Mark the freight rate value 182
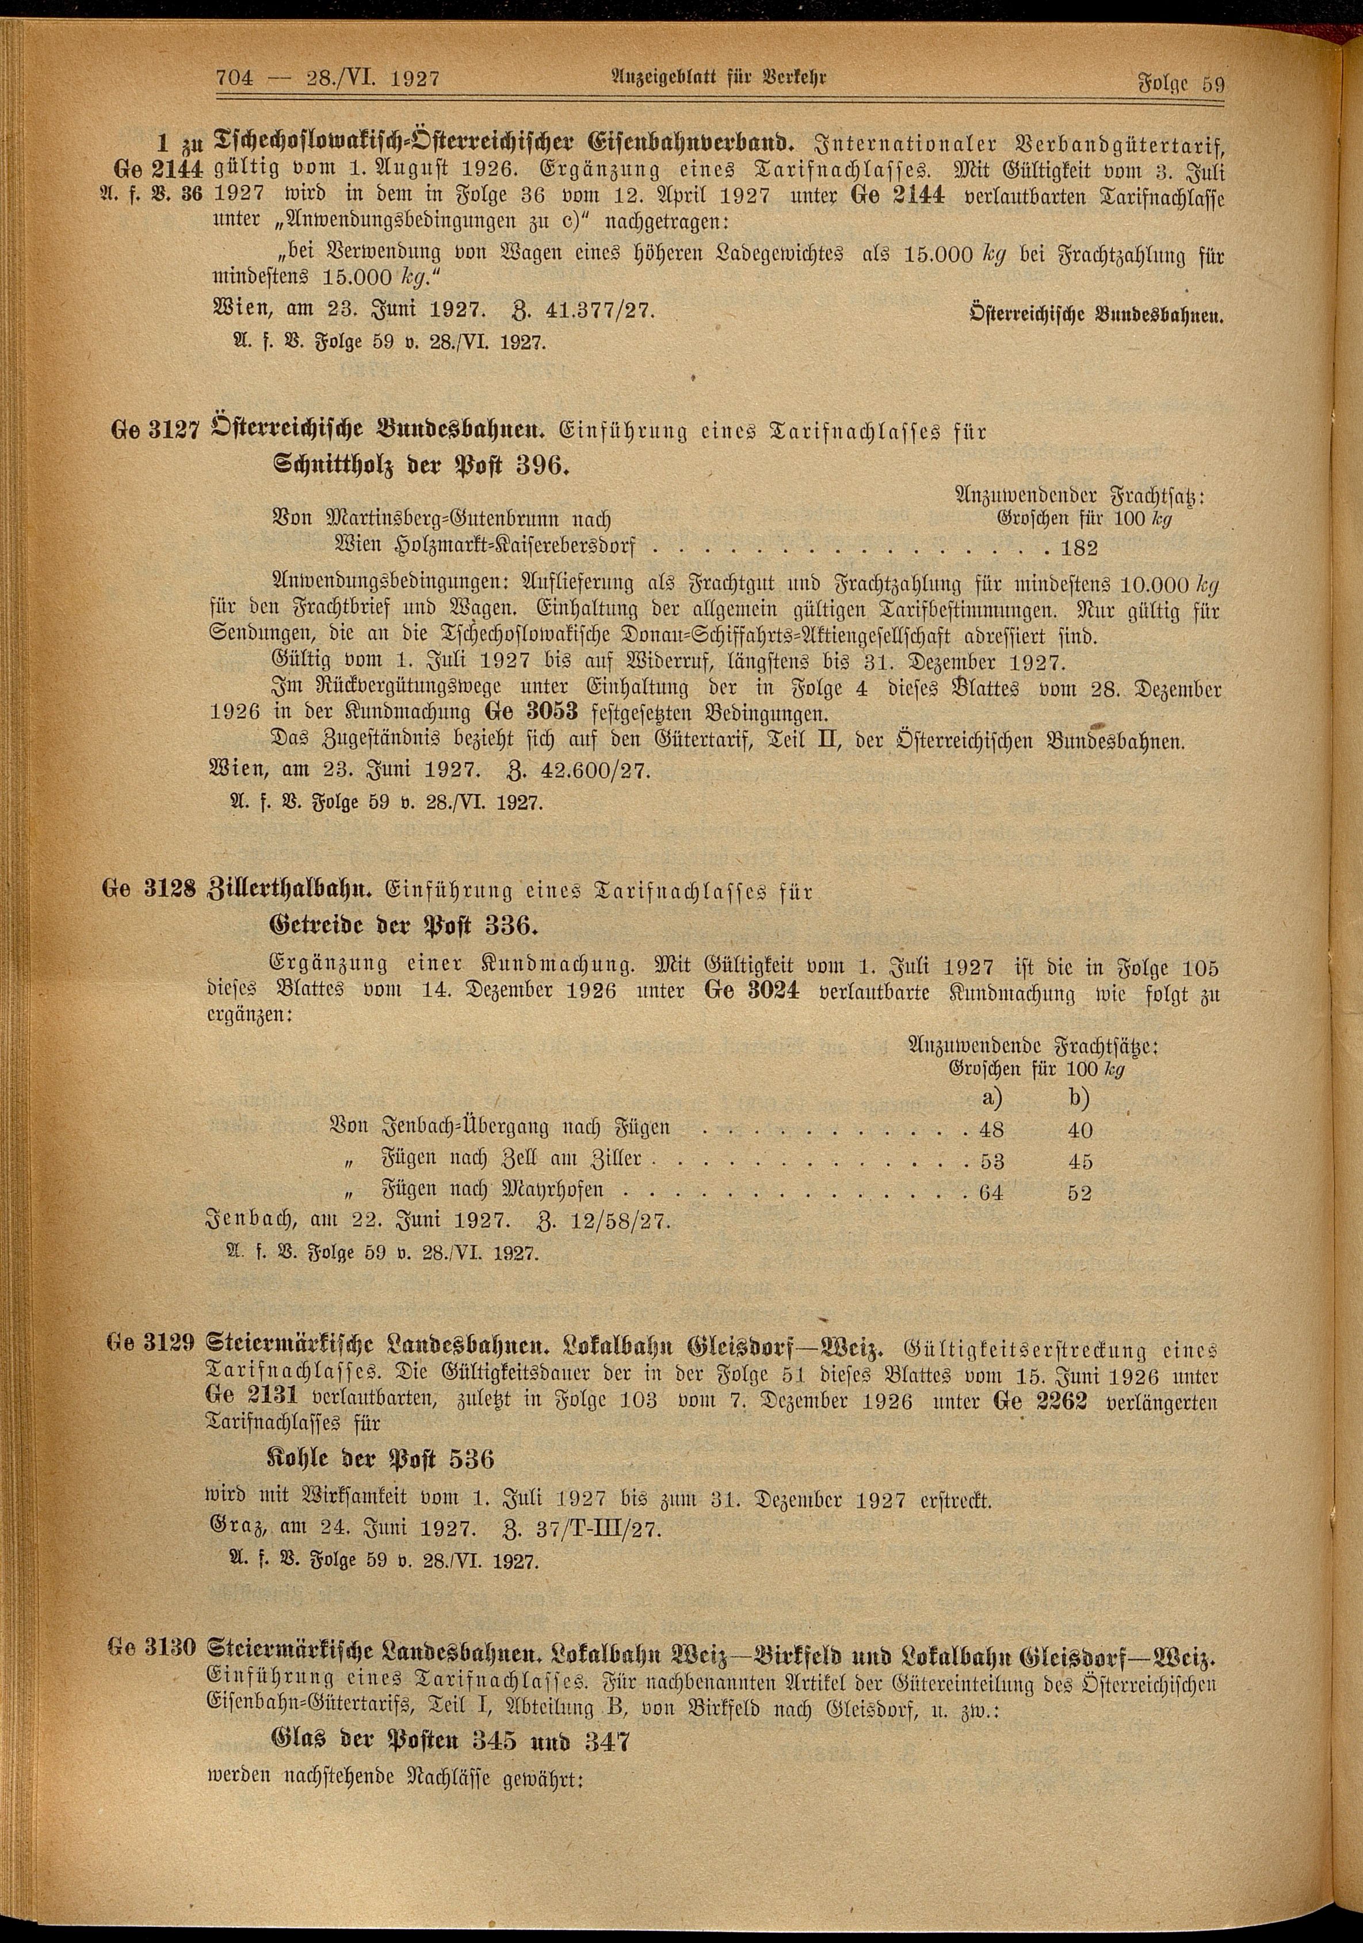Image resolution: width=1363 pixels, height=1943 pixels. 1081,548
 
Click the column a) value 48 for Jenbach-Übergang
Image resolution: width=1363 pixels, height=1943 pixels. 991,1129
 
